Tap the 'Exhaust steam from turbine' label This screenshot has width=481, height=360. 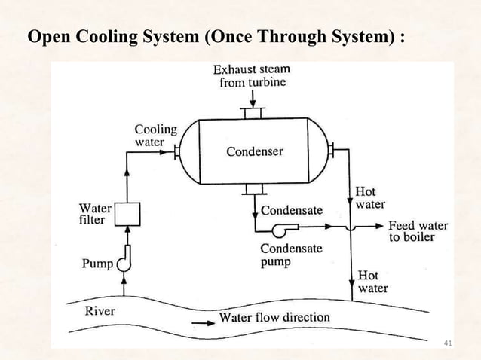[x=252, y=75]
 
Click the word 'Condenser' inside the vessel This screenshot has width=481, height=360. [x=255, y=152]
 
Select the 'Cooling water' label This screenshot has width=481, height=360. [x=155, y=135]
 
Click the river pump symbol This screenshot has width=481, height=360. [x=125, y=258]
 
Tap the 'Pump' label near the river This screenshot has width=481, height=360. [x=97, y=264]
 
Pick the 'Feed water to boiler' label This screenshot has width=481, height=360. [x=418, y=231]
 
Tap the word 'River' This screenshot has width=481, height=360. [x=100, y=310]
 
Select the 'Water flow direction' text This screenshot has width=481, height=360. [x=274, y=317]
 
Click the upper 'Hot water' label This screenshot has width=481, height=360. [x=370, y=198]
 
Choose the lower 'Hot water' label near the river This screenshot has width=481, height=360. [x=373, y=282]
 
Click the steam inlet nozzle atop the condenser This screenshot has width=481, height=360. [x=251, y=113]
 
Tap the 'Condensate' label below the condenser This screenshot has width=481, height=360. [x=292, y=210]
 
